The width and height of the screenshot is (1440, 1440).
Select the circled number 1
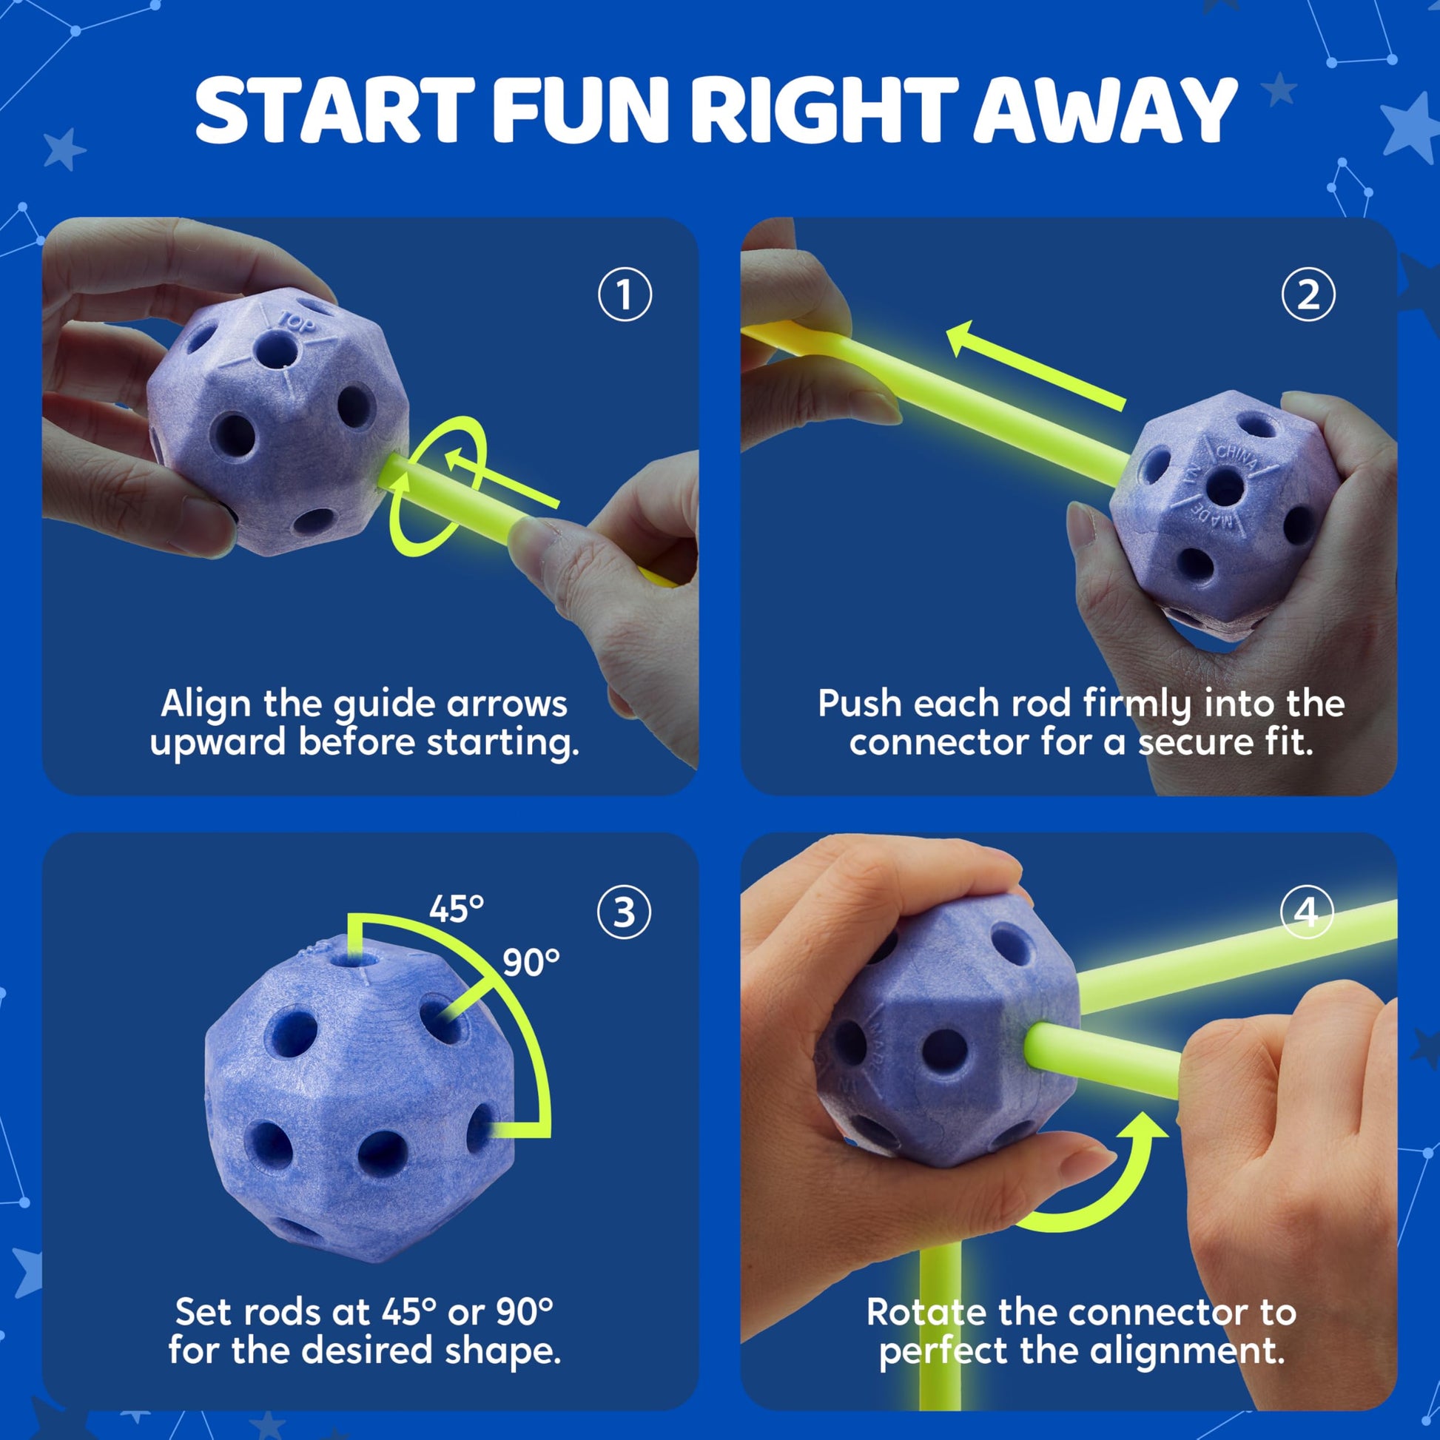coord(625,295)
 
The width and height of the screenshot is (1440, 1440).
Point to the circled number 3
coord(625,912)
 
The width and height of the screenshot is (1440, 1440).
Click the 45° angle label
coord(456,909)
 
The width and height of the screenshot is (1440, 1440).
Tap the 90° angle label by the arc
coord(531,963)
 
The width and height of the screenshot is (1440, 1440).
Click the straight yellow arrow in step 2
coord(1036,365)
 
